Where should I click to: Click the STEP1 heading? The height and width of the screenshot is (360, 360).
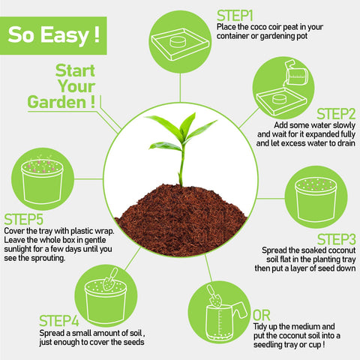[x=235, y=16]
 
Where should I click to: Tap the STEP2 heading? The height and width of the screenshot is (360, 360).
[x=336, y=114]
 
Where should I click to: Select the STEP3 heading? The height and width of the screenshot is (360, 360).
[x=337, y=239]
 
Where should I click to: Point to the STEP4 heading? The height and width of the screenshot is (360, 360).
[x=59, y=321]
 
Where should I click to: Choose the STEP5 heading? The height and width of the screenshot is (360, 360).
[x=24, y=220]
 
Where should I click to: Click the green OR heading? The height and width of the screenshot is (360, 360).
[x=262, y=316]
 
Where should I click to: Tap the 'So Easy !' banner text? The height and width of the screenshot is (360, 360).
[x=54, y=34]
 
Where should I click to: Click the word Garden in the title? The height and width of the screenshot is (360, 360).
[x=56, y=102]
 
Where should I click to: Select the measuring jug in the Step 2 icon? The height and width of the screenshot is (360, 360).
[x=297, y=73]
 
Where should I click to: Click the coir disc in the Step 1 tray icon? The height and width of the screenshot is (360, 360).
[x=178, y=41]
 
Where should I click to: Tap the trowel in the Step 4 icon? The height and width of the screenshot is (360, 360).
[x=110, y=280]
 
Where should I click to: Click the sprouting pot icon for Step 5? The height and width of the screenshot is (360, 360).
[x=42, y=179]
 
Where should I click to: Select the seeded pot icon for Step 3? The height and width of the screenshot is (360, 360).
[x=316, y=199]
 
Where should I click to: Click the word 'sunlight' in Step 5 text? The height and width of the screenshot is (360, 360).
[x=17, y=249]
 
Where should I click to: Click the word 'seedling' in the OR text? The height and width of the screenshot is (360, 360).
[x=268, y=345]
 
